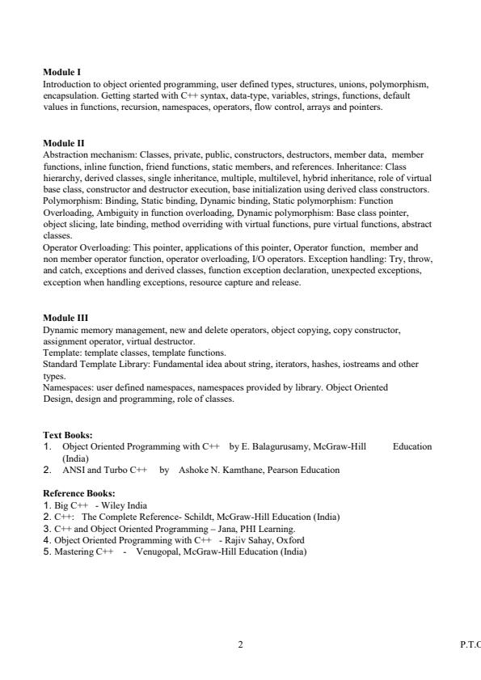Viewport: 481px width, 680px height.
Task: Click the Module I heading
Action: click(61, 72)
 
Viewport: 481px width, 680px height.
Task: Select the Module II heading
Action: click(63, 143)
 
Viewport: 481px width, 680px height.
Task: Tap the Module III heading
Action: click(65, 319)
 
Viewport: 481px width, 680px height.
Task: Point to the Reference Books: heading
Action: click(79, 492)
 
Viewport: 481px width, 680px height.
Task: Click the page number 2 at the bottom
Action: click(240, 644)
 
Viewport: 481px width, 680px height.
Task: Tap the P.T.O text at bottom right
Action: click(468, 644)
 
